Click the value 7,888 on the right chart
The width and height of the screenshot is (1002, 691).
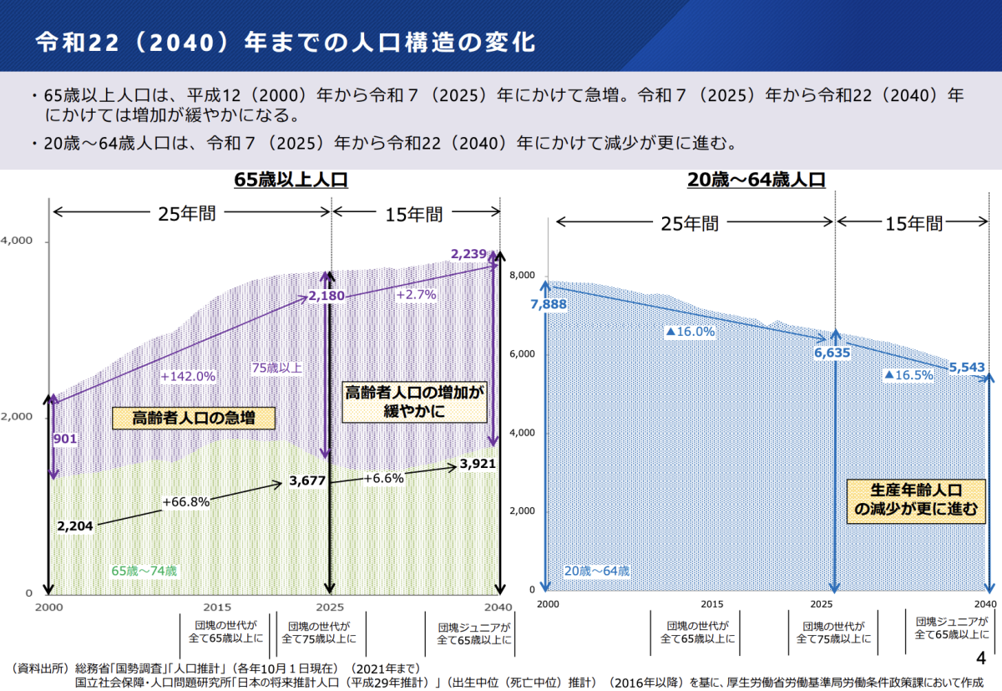click(x=549, y=304)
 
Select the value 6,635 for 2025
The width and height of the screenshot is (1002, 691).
click(x=832, y=353)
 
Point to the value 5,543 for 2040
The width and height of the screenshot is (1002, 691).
click(x=967, y=367)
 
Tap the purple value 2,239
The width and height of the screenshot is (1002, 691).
click(x=468, y=254)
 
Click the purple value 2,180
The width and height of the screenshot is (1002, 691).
click(x=326, y=296)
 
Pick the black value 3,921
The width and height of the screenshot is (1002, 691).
click(x=477, y=465)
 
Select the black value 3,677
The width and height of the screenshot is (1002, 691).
click(x=308, y=480)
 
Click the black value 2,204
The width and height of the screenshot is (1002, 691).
click(x=75, y=526)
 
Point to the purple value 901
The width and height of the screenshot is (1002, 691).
click(x=65, y=439)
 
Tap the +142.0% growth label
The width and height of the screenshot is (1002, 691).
click(x=188, y=376)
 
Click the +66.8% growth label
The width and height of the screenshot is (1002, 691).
click(x=186, y=501)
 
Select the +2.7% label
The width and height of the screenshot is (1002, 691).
click(x=416, y=294)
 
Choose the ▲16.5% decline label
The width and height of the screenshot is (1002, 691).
click(x=908, y=375)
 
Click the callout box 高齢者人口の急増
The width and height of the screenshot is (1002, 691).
click(x=194, y=418)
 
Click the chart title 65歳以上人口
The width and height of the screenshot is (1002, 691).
click(x=291, y=180)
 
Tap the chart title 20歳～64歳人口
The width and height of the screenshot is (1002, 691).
click(x=757, y=180)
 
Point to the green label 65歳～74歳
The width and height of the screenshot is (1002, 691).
click(x=144, y=571)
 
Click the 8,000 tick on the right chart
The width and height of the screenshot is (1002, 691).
click(x=522, y=276)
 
